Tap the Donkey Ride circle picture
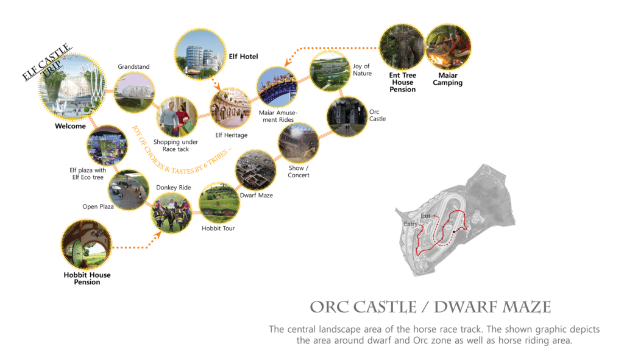click(171, 213)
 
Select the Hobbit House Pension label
click(87, 278)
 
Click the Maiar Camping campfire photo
click(448, 46)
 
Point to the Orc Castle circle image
click(347, 116)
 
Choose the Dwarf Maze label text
click(257, 196)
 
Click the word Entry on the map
click(410, 224)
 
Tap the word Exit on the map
click(425, 216)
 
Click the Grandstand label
click(133, 67)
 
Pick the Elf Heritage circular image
click(231, 108)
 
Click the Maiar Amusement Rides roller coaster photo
click(277, 87)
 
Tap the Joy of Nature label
click(362, 69)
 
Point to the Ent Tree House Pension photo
click(402, 46)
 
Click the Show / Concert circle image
click(299, 143)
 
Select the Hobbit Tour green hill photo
click(219, 202)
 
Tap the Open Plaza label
click(98, 207)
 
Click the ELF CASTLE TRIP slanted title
click(48, 62)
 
